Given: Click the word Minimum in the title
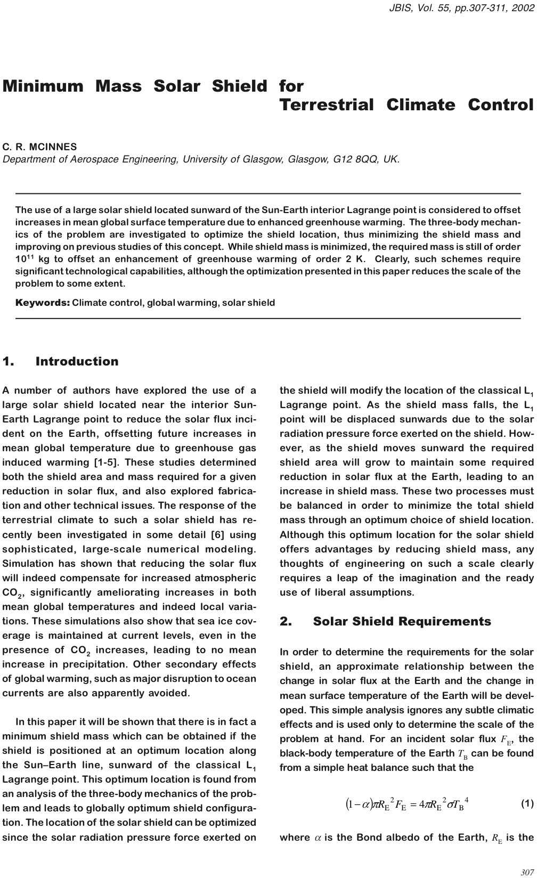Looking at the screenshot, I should pyautogui.click(x=43, y=86).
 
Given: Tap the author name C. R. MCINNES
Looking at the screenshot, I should pyautogui.click(x=40, y=147).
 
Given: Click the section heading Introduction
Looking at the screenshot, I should pyautogui.click(x=77, y=361).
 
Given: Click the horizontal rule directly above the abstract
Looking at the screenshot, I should pyautogui.click(x=268, y=193).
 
